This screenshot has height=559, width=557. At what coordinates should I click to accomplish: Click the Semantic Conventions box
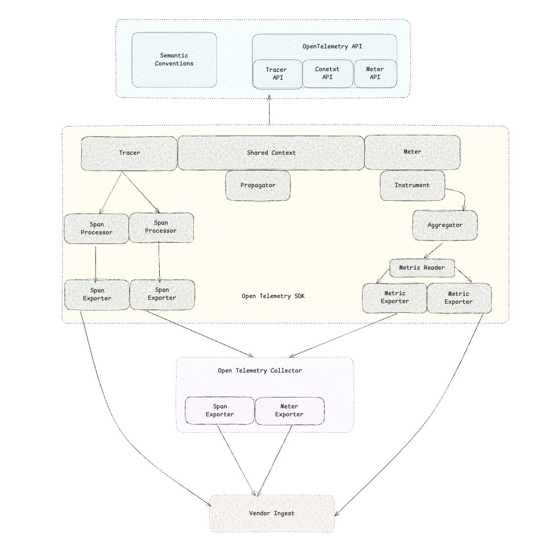coord(174,60)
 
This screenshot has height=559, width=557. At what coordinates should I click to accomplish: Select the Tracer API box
coord(276,73)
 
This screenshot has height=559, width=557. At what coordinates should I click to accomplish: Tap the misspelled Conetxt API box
coord(327,73)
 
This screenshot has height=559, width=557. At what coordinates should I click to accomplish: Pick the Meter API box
coord(375,73)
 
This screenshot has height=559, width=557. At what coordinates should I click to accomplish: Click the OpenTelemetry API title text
coord(325,46)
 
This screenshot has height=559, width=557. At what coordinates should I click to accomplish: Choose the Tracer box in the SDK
coord(129,152)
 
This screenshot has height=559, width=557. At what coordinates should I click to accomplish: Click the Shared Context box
coord(271,152)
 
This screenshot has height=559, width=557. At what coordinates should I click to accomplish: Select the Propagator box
coord(258,185)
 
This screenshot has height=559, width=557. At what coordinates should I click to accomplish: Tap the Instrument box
coord(412,185)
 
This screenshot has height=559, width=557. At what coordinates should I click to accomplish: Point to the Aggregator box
coord(444,225)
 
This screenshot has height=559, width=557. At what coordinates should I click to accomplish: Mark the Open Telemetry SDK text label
coord(273,296)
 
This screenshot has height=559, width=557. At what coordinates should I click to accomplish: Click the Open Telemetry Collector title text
coord(260,371)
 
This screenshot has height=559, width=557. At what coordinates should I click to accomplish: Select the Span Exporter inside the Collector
coord(219,411)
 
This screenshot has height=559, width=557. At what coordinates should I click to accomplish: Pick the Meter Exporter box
coord(289,411)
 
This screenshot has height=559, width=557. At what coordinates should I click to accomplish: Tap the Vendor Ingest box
coord(272,513)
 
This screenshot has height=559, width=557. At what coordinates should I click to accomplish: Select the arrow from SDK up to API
coord(269,111)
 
